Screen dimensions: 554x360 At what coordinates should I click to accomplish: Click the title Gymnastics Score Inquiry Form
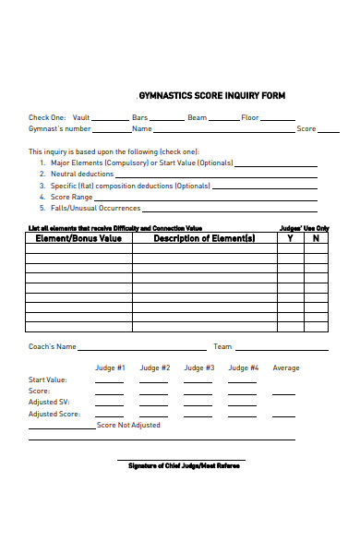click(x=211, y=96)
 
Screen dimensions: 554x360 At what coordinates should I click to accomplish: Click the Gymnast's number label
click(x=59, y=129)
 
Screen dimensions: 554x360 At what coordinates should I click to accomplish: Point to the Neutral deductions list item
click(x=78, y=174)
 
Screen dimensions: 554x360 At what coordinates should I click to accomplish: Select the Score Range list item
click(x=71, y=197)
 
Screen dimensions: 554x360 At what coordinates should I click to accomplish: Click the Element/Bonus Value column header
click(x=78, y=238)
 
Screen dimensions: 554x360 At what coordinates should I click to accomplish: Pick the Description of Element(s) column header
click(x=204, y=238)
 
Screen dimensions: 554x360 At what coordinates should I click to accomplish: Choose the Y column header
click(x=290, y=238)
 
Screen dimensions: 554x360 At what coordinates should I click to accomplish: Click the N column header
click(x=316, y=238)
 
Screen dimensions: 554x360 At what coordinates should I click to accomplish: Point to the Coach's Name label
click(x=53, y=347)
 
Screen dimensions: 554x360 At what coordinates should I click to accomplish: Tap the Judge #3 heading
click(x=199, y=367)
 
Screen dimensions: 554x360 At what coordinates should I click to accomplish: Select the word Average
click(x=286, y=367)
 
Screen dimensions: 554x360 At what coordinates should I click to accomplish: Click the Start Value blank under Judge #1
click(x=109, y=380)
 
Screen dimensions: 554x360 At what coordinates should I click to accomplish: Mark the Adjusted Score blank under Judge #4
click(x=243, y=415)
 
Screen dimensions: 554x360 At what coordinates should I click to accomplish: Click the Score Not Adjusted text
click(x=128, y=426)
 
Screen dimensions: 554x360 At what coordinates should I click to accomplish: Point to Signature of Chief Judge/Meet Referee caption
click(x=183, y=465)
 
